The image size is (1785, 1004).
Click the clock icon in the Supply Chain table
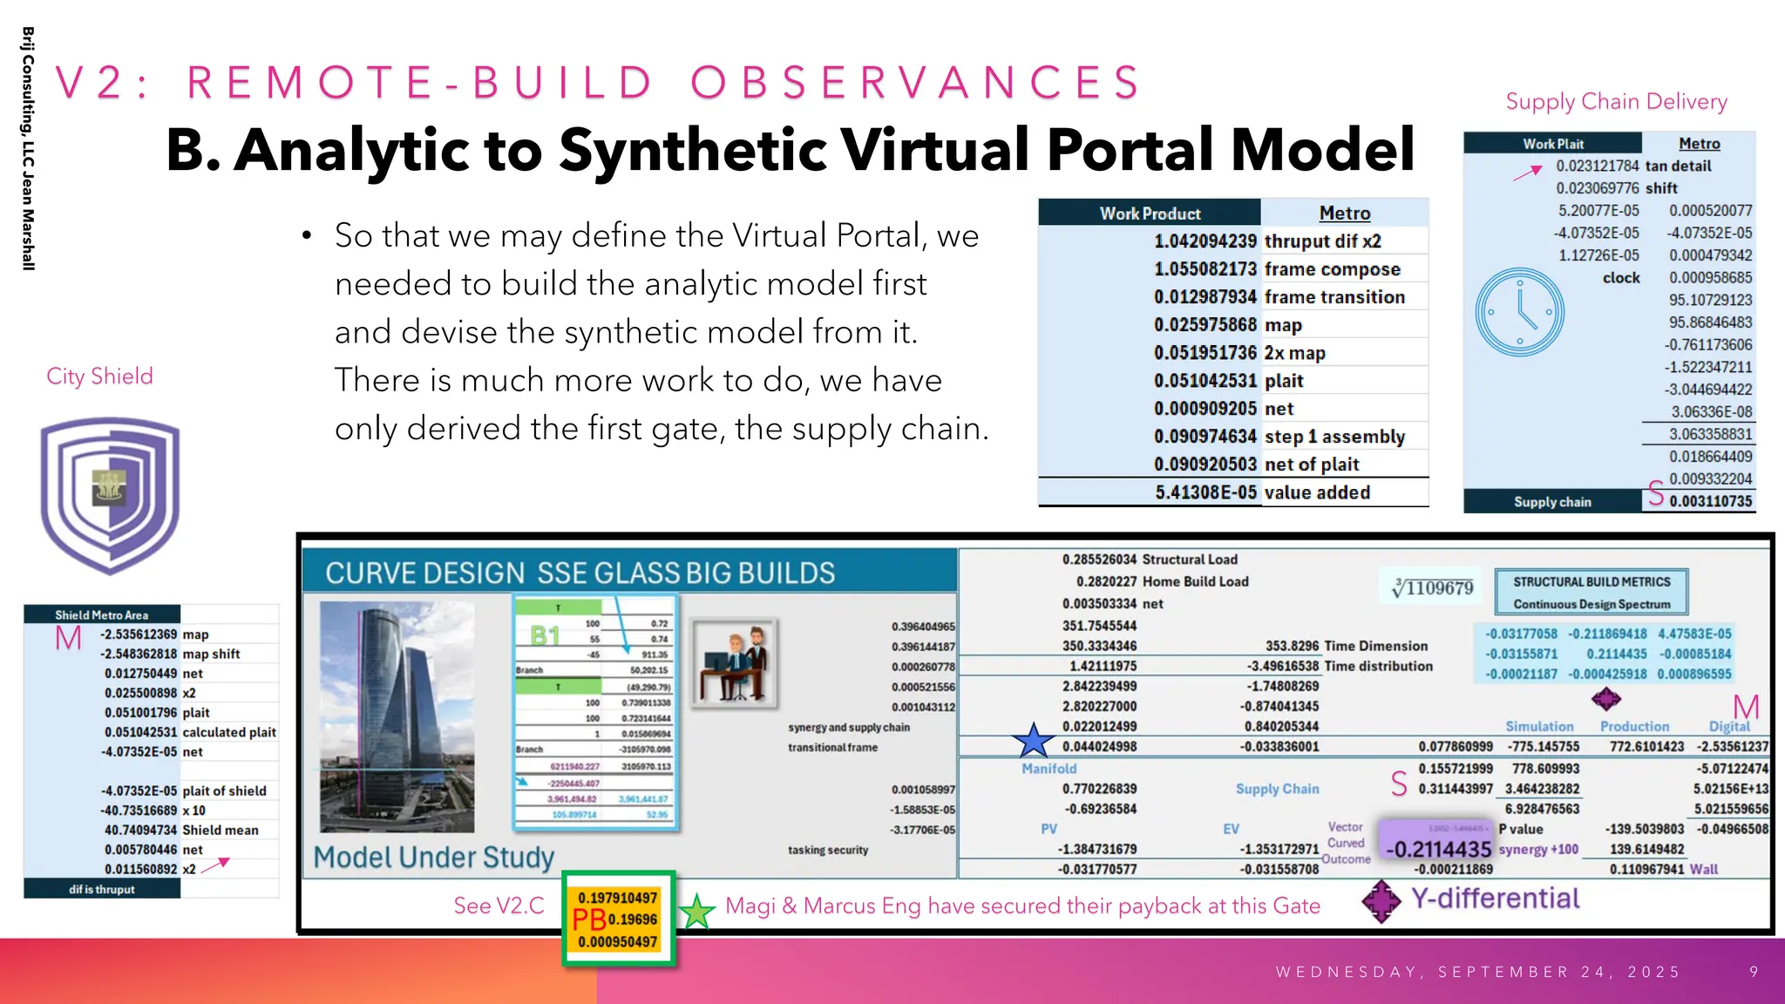pos(1519,312)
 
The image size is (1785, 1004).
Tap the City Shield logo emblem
pos(110,494)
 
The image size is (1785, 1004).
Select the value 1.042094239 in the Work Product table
pos(1205,241)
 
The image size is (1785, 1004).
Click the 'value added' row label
pos(1317,492)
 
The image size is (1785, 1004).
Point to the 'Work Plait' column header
pos(1552,144)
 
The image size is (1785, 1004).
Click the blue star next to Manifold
pos(1033,741)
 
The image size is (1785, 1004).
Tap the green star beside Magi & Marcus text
pos(696,912)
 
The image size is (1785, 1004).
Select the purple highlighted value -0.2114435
pos(1438,849)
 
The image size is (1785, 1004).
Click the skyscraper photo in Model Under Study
pos(397,716)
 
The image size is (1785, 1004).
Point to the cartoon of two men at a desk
pos(735,662)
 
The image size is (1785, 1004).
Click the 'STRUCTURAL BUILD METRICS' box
pos(1591,592)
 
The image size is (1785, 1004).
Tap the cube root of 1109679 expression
pos(1432,587)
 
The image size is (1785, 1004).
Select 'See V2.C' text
pos(499,906)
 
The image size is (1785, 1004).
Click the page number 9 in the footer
pos(1754,972)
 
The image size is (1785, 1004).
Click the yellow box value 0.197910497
pos(617,898)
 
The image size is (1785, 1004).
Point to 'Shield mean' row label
pos(220,830)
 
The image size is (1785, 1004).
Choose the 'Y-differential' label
pos(1495,899)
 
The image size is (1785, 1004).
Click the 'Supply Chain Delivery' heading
pos(1615,102)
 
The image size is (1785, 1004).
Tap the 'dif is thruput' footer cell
pos(102,889)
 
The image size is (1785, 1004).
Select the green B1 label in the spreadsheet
pos(545,635)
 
